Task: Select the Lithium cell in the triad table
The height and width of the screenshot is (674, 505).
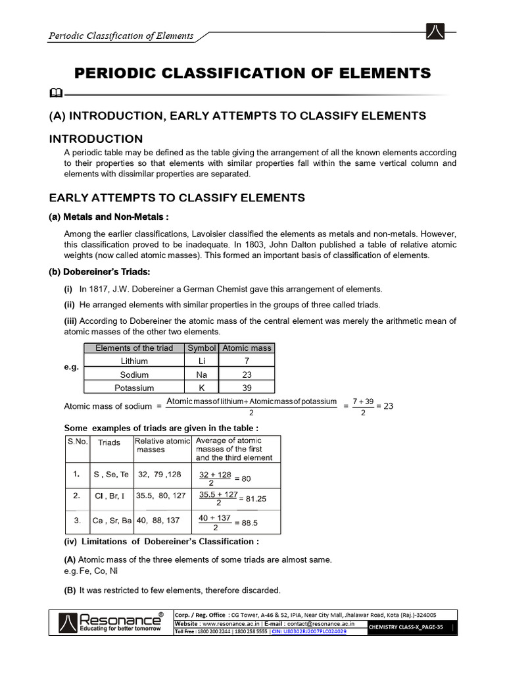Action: coord(134,361)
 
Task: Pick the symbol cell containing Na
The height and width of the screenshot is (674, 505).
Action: coord(201,374)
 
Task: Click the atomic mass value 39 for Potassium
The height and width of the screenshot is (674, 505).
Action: coord(247,388)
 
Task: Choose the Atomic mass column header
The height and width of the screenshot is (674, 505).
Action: coord(247,348)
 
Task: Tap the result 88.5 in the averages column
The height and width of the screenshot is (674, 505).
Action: coord(249,523)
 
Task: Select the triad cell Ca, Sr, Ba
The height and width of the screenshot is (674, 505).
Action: coord(112,520)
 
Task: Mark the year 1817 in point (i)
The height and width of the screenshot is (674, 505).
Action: coord(103,289)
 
